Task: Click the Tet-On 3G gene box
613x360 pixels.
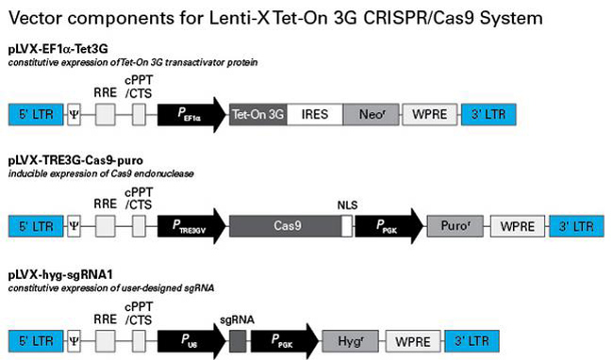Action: point(257,114)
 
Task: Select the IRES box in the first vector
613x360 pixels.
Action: point(316,114)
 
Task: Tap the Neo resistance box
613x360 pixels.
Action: point(372,114)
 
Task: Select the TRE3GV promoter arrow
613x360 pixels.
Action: point(193,226)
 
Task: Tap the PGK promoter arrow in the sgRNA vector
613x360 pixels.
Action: point(283,337)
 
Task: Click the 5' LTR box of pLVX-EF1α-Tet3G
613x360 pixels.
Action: point(33,114)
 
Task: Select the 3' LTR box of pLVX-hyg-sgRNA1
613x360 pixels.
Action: point(471,337)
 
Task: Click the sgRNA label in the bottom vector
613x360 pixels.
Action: point(232,319)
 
